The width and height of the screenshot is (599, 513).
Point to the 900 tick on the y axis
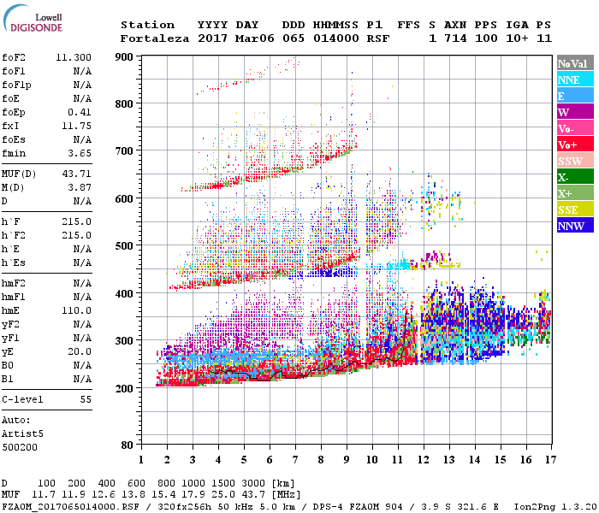click(x=127, y=56)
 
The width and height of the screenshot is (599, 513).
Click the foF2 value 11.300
click(x=74, y=56)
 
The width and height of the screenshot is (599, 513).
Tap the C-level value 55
click(x=86, y=399)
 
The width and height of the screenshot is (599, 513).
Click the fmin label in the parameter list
click(x=15, y=153)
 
